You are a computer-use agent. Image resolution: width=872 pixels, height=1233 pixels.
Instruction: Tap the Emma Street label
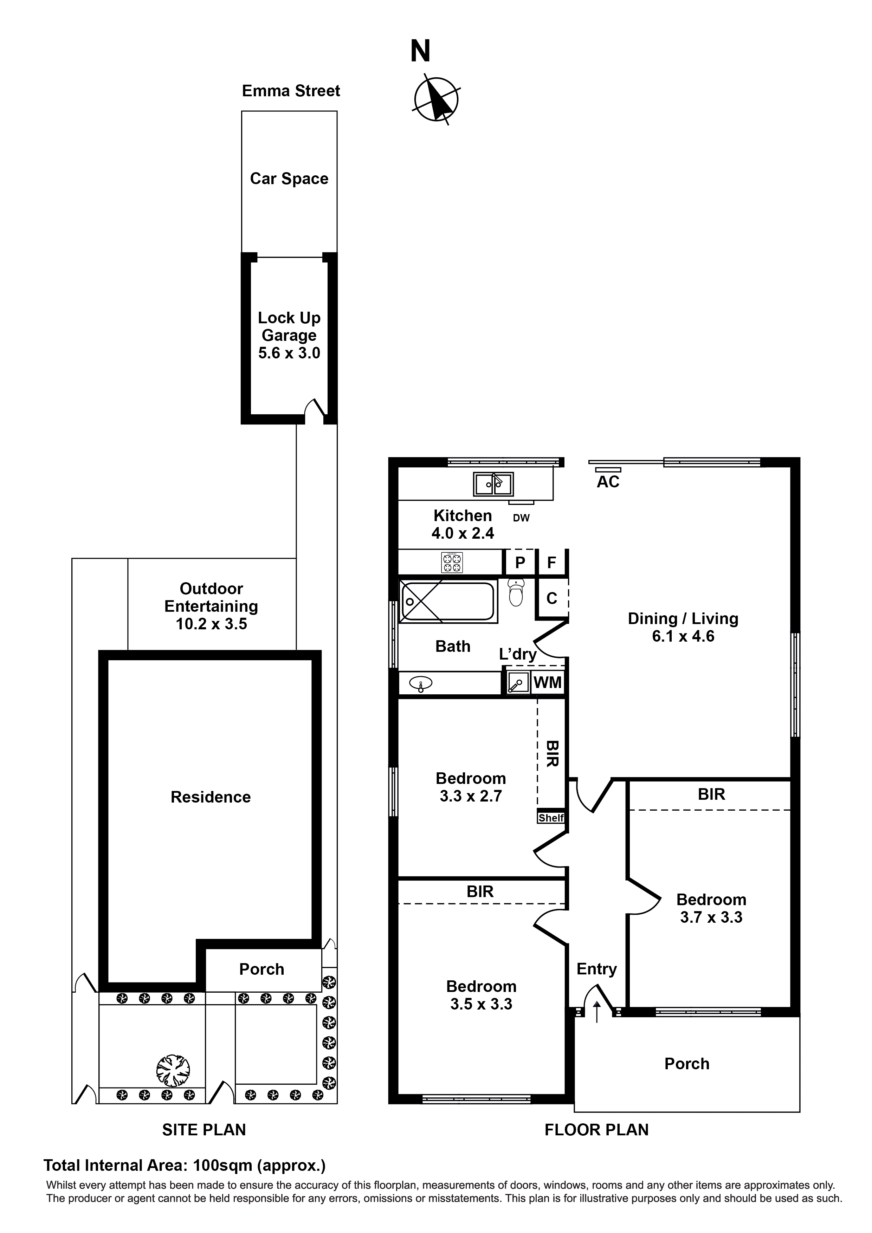click(x=291, y=91)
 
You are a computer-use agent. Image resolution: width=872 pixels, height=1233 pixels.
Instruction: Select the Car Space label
click(x=289, y=179)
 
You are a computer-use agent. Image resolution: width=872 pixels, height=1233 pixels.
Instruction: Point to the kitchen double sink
click(x=493, y=484)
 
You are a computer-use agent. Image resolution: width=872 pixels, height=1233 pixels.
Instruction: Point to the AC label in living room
click(x=608, y=482)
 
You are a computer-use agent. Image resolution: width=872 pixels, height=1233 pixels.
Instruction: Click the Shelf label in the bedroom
click(x=551, y=818)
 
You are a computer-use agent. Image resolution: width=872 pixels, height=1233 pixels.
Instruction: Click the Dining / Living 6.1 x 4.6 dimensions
click(x=683, y=636)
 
